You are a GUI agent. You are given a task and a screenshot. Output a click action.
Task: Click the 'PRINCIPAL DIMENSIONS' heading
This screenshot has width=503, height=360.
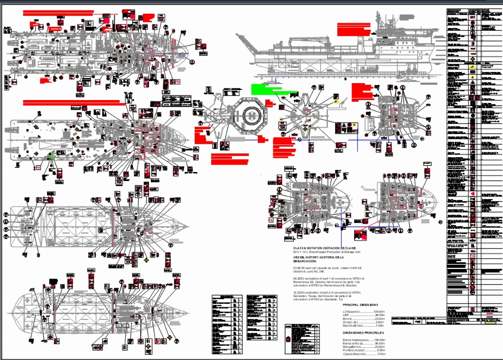point(361,305)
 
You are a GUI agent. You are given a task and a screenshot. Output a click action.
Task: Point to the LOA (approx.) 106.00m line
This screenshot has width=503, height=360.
point(363,311)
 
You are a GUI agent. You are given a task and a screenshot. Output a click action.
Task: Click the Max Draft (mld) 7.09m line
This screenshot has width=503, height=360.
point(363,326)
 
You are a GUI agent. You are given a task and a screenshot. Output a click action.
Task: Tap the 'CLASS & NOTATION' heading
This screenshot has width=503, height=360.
point(324,248)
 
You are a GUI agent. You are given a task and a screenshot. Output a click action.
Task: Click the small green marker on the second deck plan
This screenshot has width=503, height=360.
point(51,157)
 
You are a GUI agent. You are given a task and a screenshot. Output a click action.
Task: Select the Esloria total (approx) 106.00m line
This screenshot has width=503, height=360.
point(363,339)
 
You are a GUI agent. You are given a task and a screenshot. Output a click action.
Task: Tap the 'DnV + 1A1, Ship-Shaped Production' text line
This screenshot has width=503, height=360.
point(324,253)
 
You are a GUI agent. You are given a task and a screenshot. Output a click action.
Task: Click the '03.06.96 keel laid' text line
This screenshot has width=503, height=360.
point(324,269)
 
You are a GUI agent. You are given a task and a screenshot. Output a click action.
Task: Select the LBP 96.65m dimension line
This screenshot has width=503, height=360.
point(363,315)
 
